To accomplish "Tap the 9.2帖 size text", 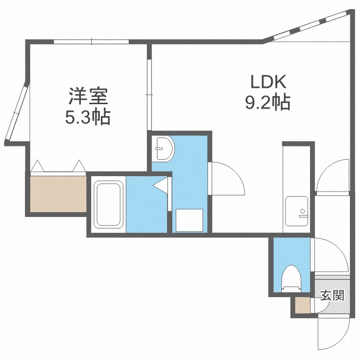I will (268, 102).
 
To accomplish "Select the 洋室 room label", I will (88, 96).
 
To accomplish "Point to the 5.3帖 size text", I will (88, 117).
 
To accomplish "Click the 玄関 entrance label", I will (333, 295).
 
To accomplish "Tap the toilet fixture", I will (291, 279).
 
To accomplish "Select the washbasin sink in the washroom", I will (164, 148).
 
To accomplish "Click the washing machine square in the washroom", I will (190, 220).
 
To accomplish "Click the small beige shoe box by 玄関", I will (302, 306).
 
